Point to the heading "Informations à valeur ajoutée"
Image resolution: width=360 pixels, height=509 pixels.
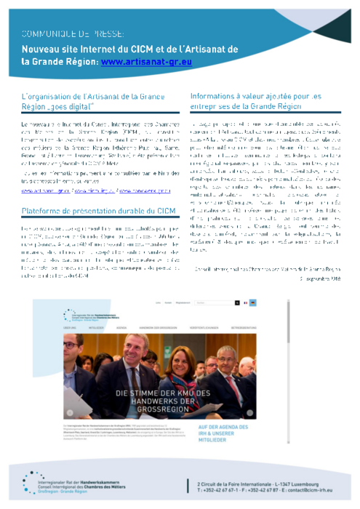(x=255, y=100)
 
